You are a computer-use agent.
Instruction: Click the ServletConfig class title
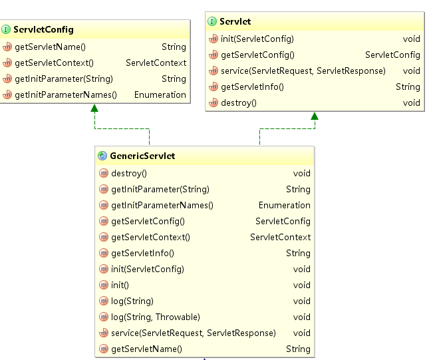(43, 30)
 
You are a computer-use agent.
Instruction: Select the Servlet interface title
(235, 22)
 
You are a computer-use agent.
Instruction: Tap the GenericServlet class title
(143, 156)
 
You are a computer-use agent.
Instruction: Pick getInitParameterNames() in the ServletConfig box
(65, 94)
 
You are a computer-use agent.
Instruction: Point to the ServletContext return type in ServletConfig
(156, 63)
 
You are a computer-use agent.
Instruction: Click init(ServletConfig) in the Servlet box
(257, 39)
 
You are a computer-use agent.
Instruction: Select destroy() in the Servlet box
(238, 102)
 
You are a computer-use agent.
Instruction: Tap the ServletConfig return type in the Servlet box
(392, 55)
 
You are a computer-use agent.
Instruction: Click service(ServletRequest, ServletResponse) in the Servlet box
(303, 71)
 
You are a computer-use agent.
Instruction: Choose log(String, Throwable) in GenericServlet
(156, 317)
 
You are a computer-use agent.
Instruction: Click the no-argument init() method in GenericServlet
(120, 285)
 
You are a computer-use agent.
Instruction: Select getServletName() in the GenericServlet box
(146, 349)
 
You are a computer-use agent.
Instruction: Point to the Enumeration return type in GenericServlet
(284, 205)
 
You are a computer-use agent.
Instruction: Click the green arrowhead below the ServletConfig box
(94, 108)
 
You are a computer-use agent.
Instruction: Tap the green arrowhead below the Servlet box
(314, 116)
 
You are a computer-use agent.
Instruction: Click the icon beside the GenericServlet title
(102, 156)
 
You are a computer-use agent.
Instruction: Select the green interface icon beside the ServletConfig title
(6, 30)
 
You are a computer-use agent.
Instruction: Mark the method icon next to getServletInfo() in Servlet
(213, 87)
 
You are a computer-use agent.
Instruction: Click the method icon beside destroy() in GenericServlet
(103, 173)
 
